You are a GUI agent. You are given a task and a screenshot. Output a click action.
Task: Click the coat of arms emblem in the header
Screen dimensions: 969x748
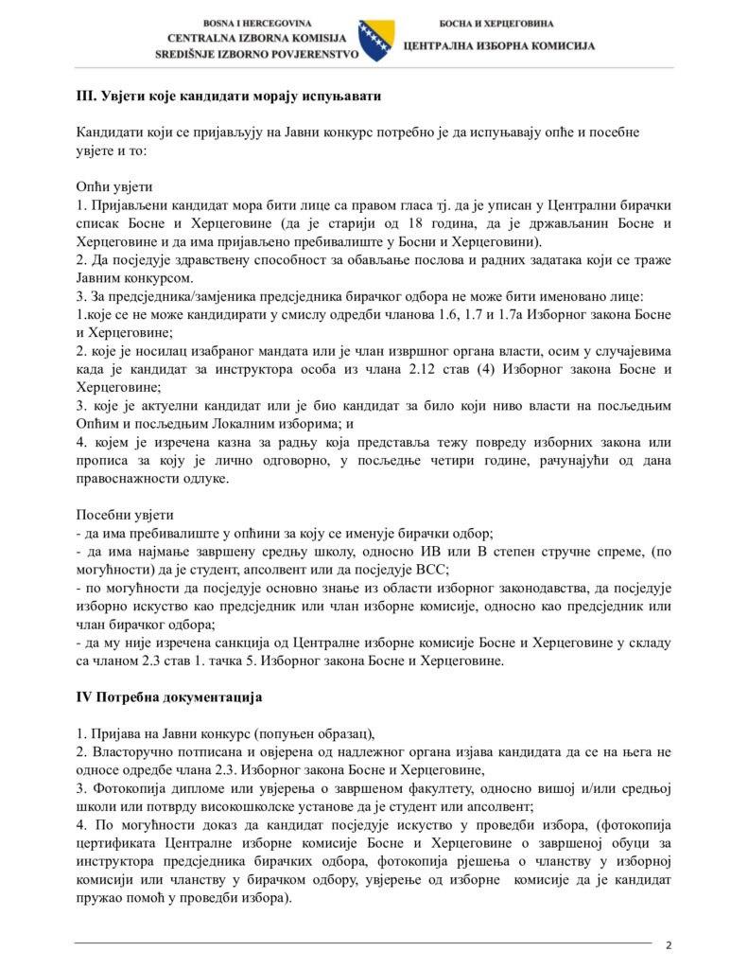[376, 41]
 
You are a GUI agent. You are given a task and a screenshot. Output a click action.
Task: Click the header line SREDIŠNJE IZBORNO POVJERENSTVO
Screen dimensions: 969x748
[257, 55]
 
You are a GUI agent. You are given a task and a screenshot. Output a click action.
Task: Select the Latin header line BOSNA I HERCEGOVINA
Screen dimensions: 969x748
[257, 22]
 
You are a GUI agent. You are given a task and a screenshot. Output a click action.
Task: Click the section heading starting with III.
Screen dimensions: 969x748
[229, 97]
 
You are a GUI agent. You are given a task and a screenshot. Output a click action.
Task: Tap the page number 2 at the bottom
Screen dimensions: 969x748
[669, 944]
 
